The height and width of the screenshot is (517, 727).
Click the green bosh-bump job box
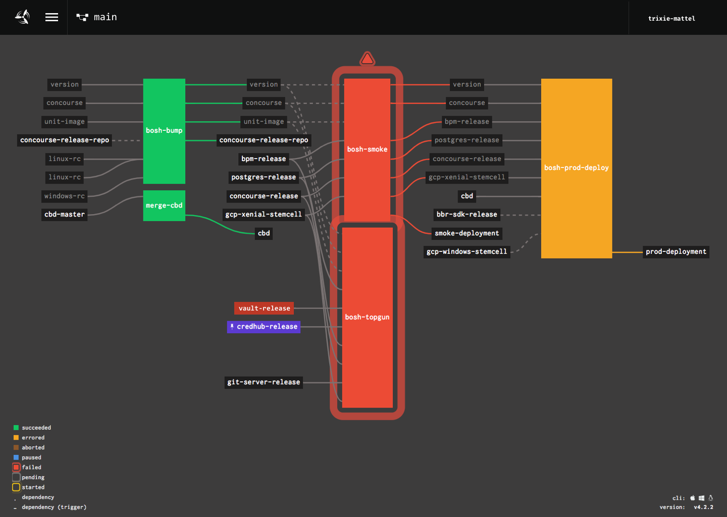point(164,130)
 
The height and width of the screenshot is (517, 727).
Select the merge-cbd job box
point(164,205)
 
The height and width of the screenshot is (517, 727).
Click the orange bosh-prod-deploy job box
point(576,168)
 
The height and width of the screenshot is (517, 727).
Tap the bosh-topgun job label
point(367,317)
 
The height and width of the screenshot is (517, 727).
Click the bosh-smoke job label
point(367,149)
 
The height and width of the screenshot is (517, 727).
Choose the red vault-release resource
point(264,308)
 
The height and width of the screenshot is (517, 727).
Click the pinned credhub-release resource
point(264,327)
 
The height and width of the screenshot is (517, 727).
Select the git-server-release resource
point(264,382)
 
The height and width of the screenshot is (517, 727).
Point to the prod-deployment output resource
point(676,251)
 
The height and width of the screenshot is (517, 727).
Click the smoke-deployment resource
point(466,233)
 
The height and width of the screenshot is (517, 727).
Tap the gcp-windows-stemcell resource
point(466,251)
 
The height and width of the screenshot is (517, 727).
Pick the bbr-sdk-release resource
point(466,215)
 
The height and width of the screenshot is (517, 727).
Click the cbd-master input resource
point(65,215)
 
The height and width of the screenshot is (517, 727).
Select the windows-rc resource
point(65,196)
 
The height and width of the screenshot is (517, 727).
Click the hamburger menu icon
point(51,17)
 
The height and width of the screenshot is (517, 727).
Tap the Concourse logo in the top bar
point(23,17)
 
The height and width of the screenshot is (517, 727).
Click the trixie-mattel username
point(671,19)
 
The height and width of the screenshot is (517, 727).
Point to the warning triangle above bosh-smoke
point(368,59)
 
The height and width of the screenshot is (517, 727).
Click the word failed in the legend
point(31,468)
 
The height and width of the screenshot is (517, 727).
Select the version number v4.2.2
point(703,507)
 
